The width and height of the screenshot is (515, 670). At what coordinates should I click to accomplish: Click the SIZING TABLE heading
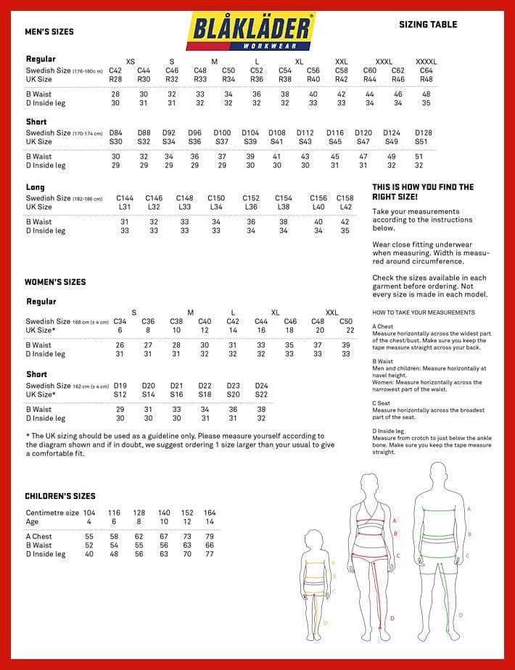pos(428,25)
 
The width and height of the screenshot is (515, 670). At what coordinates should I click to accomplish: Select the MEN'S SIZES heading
pos(49,32)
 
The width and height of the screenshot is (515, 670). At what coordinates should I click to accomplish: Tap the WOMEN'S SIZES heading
pos(55,282)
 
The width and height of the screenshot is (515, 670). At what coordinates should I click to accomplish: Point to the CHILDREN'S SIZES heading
pos(60,496)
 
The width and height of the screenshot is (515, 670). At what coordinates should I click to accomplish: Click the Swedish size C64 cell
pos(427,70)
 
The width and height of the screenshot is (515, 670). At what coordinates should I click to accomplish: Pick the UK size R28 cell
pos(115,79)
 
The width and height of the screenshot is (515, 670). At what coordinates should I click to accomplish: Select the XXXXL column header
pos(427,62)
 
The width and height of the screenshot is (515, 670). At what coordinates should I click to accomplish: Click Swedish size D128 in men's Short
pos(424,133)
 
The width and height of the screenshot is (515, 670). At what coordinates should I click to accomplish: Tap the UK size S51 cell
pos(421,141)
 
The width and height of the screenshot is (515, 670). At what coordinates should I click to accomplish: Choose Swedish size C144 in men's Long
pos(125,198)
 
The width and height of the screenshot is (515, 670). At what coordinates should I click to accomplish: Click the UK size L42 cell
pos(346,207)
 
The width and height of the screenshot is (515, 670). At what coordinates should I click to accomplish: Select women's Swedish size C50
pos(346,321)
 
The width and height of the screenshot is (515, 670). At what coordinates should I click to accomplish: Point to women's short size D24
pos(261,386)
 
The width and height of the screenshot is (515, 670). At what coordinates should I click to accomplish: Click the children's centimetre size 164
pos(210,513)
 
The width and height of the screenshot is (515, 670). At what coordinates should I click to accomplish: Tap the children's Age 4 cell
pos(89,521)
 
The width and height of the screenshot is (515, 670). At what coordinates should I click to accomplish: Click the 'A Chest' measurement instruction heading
pos(383,327)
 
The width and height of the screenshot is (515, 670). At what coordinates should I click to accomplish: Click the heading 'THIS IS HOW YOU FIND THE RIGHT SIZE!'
pos(423,191)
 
